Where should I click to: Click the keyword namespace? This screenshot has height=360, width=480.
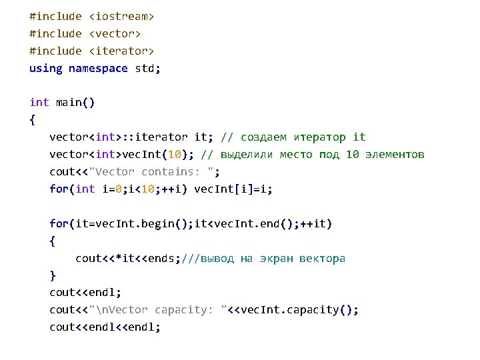[98, 68]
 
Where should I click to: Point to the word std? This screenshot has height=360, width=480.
[145, 68]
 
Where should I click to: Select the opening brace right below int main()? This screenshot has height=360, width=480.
[33, 120]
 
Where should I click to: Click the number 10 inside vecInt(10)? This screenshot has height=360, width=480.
[172, 155]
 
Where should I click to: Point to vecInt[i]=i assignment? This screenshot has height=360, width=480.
[233, 189]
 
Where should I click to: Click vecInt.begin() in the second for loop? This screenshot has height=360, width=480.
[142, 223]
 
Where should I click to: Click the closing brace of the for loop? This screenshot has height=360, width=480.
[53, 275]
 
